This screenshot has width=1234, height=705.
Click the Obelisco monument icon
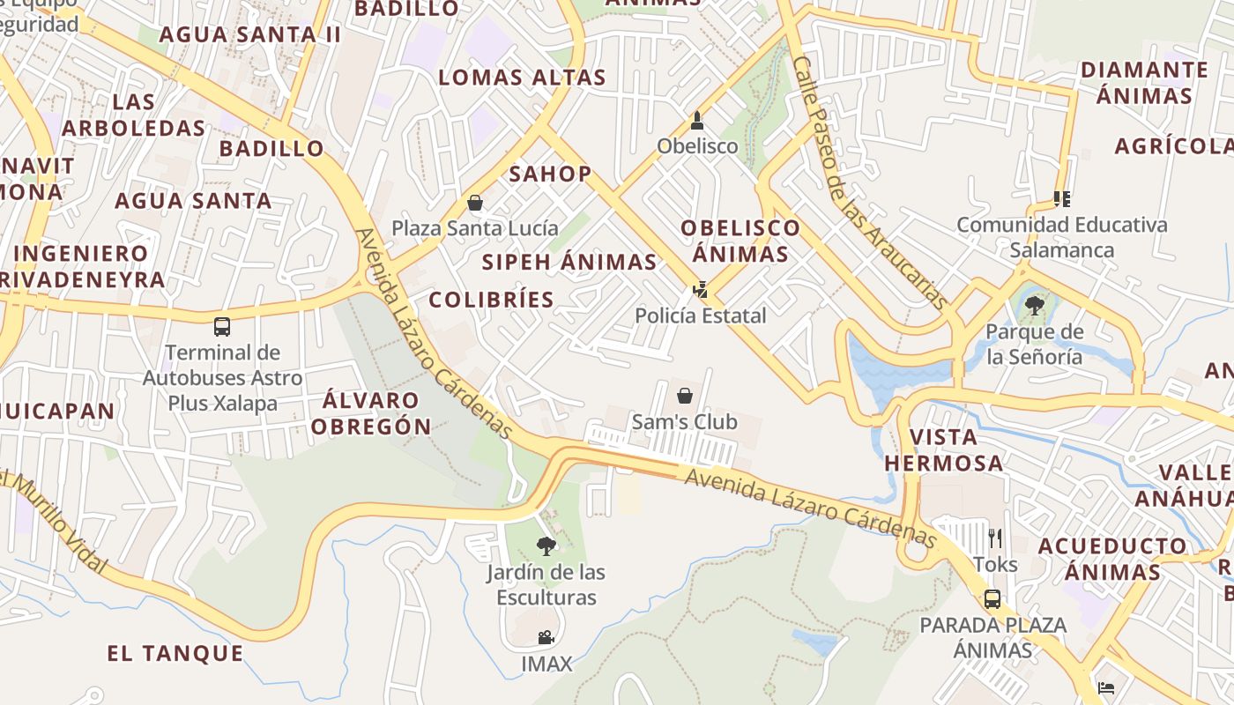[x=697, y=121]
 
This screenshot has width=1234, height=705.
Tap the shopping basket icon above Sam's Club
[x=684, y=396]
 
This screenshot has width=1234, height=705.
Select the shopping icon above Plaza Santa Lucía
[x=475, y=204]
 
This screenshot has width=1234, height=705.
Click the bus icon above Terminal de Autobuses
[x=222, y=327]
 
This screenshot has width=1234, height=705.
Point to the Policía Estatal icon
[x=701, y=289]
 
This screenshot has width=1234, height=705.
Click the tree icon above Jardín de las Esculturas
[x=546, y=545]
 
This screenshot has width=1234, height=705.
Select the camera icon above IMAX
[x=546, y=637]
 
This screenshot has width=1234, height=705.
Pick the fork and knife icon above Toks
[x=995, y=538]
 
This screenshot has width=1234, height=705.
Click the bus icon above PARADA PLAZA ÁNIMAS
[x=992, y=599]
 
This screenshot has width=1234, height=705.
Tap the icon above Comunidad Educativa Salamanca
[x=1062, y=199]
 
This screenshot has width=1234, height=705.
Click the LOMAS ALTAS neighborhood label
[x=523, y=78]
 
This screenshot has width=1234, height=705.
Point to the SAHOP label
[x=550, y=174]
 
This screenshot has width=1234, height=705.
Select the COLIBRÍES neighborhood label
[x=492, y=300]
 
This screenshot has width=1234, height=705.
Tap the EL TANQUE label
[x=175, y=653]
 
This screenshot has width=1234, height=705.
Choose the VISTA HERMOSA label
[x=943, y=449]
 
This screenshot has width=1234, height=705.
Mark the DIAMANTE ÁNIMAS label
[x=1144, y=82]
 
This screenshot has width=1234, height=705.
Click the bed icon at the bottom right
[x=1107, y=687]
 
